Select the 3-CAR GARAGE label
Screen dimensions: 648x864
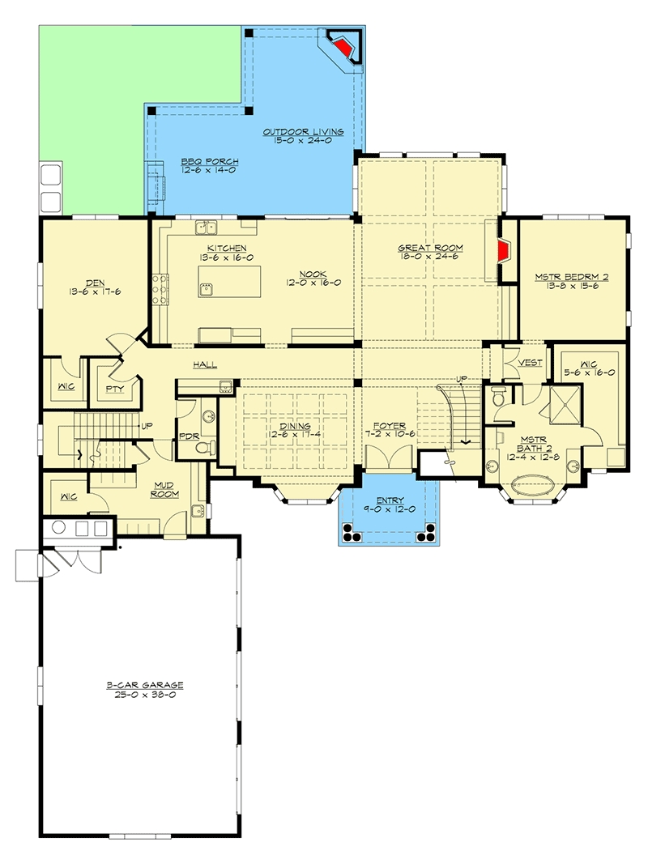pyautogui.click(x=145, y=685)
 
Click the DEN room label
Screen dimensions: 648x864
pyautogui.click(x=95, y=283)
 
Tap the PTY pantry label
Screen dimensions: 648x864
pyautogui.click(x=114, y=389)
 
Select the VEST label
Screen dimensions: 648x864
pyautogui.click(x=530, y=363)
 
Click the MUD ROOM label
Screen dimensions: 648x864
pyautogui.click(x=164, y=490)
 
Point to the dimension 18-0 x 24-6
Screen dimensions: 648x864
pyautogui.click(x=430, y=257)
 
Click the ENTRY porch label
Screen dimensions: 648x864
pyautogui.click(x=390, y=500)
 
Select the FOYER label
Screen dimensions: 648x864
pyautogui.click(x=390, y=425)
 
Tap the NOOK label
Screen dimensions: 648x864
pyautogui.click(x=313, y=274)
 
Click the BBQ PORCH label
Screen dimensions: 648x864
pyautogui.click(x=210, y=161)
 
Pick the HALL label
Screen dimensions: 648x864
pyautogui.click(x=205, y=364)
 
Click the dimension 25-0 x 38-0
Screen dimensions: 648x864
pyautogui.click(x=145, y=695)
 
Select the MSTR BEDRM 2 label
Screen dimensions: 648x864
pyautogui.click(x=571, y=277)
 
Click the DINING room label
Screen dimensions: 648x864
pyautogui.click(x=296, y=426)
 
